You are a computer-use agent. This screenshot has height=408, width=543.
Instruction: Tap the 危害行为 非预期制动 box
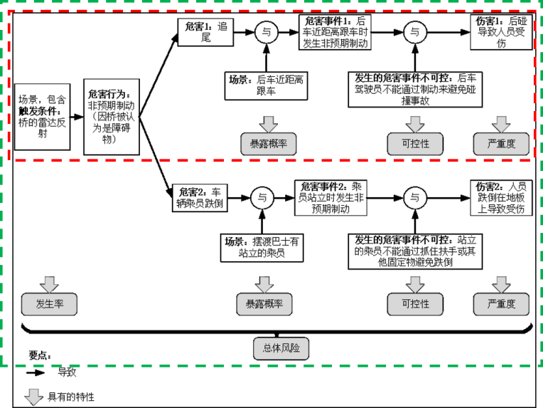(x=110, y=116)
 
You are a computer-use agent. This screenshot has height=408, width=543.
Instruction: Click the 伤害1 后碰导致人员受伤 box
(x=502, y=33)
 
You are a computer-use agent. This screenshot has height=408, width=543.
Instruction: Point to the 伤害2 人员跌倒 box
(x=502, y=197)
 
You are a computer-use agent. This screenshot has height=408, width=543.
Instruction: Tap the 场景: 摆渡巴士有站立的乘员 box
(x=262, y=247)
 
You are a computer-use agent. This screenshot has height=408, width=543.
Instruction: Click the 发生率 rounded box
(x=49, y=303)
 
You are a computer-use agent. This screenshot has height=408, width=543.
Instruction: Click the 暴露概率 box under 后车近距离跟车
(x=268, y=144)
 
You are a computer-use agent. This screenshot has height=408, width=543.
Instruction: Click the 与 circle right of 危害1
(x=266, y=32)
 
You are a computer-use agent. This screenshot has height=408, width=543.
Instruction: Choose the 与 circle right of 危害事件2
(x=414, y=197)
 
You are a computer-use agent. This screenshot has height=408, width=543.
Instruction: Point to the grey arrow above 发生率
(x=49, y=283)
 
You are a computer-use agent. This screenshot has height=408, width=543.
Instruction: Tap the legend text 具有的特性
(x=71, y=397)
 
